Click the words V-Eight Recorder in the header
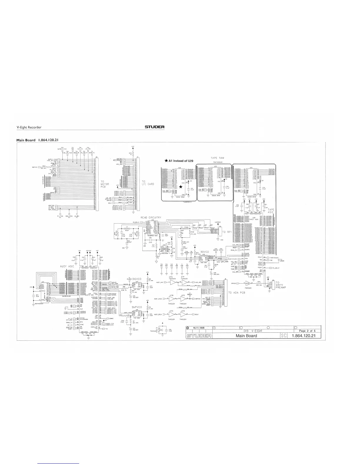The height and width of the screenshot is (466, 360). point(29,127)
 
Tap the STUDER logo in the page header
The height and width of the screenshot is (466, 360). point(154,127)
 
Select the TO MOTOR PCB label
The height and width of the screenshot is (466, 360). point(105,184)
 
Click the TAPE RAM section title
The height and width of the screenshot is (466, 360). point(217,158)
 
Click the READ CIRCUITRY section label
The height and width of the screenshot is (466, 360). point(151,217)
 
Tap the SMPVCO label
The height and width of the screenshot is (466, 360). point(137,307)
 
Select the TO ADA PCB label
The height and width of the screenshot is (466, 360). point(236,293)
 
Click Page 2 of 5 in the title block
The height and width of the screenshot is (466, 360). point(307,331)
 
